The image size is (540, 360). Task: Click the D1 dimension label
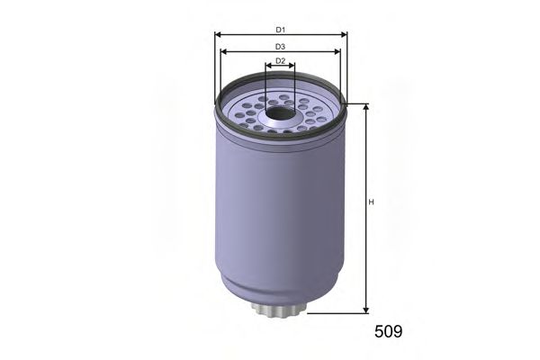280,29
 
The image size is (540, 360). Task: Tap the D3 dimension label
280,46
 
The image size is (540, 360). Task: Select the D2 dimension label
280,61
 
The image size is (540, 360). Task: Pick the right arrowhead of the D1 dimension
344,35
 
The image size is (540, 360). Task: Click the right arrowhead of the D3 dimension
339,52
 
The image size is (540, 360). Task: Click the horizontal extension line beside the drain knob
333,314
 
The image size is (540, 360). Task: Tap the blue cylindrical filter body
279,216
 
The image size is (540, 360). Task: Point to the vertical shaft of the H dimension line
366,243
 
